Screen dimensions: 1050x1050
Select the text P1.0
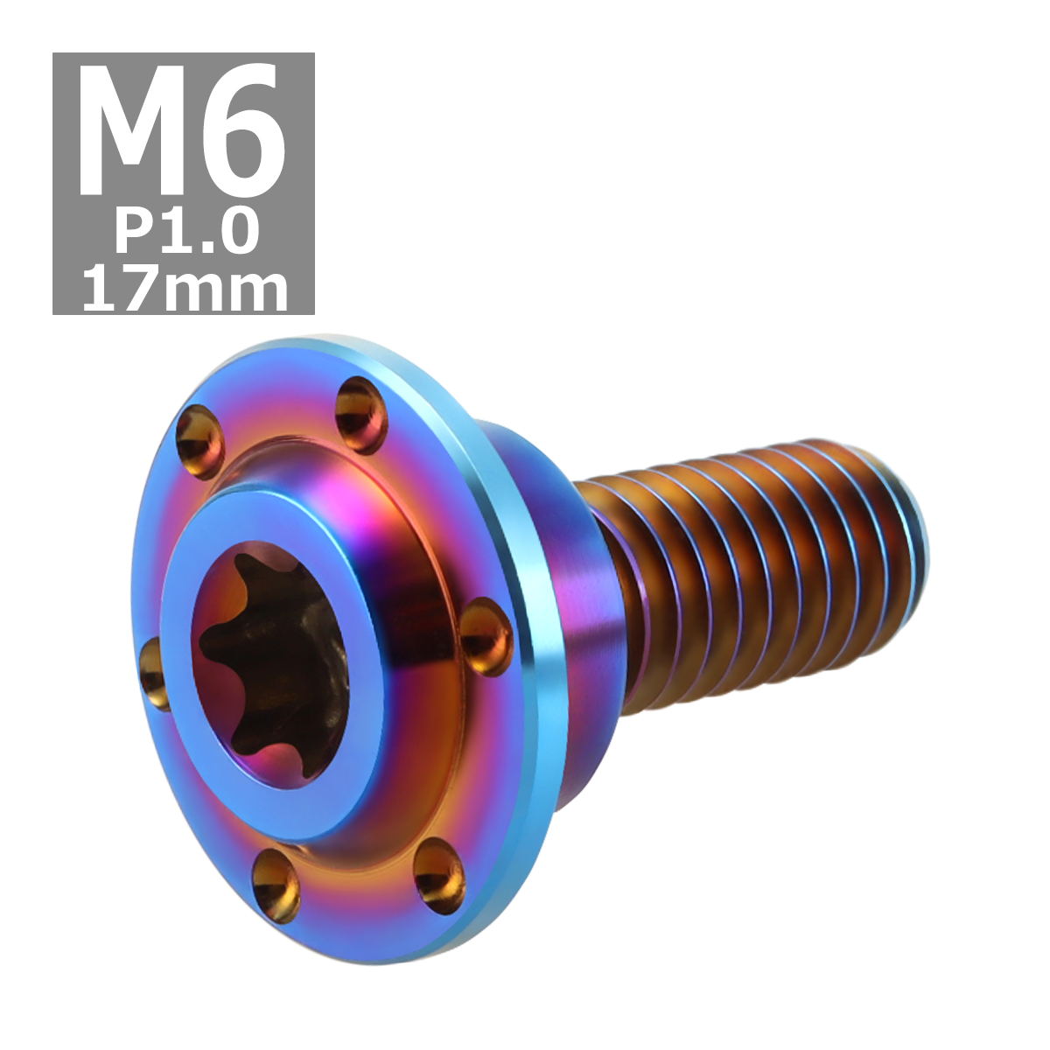point(186,233)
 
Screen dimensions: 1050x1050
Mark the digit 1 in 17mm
point(96,290)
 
